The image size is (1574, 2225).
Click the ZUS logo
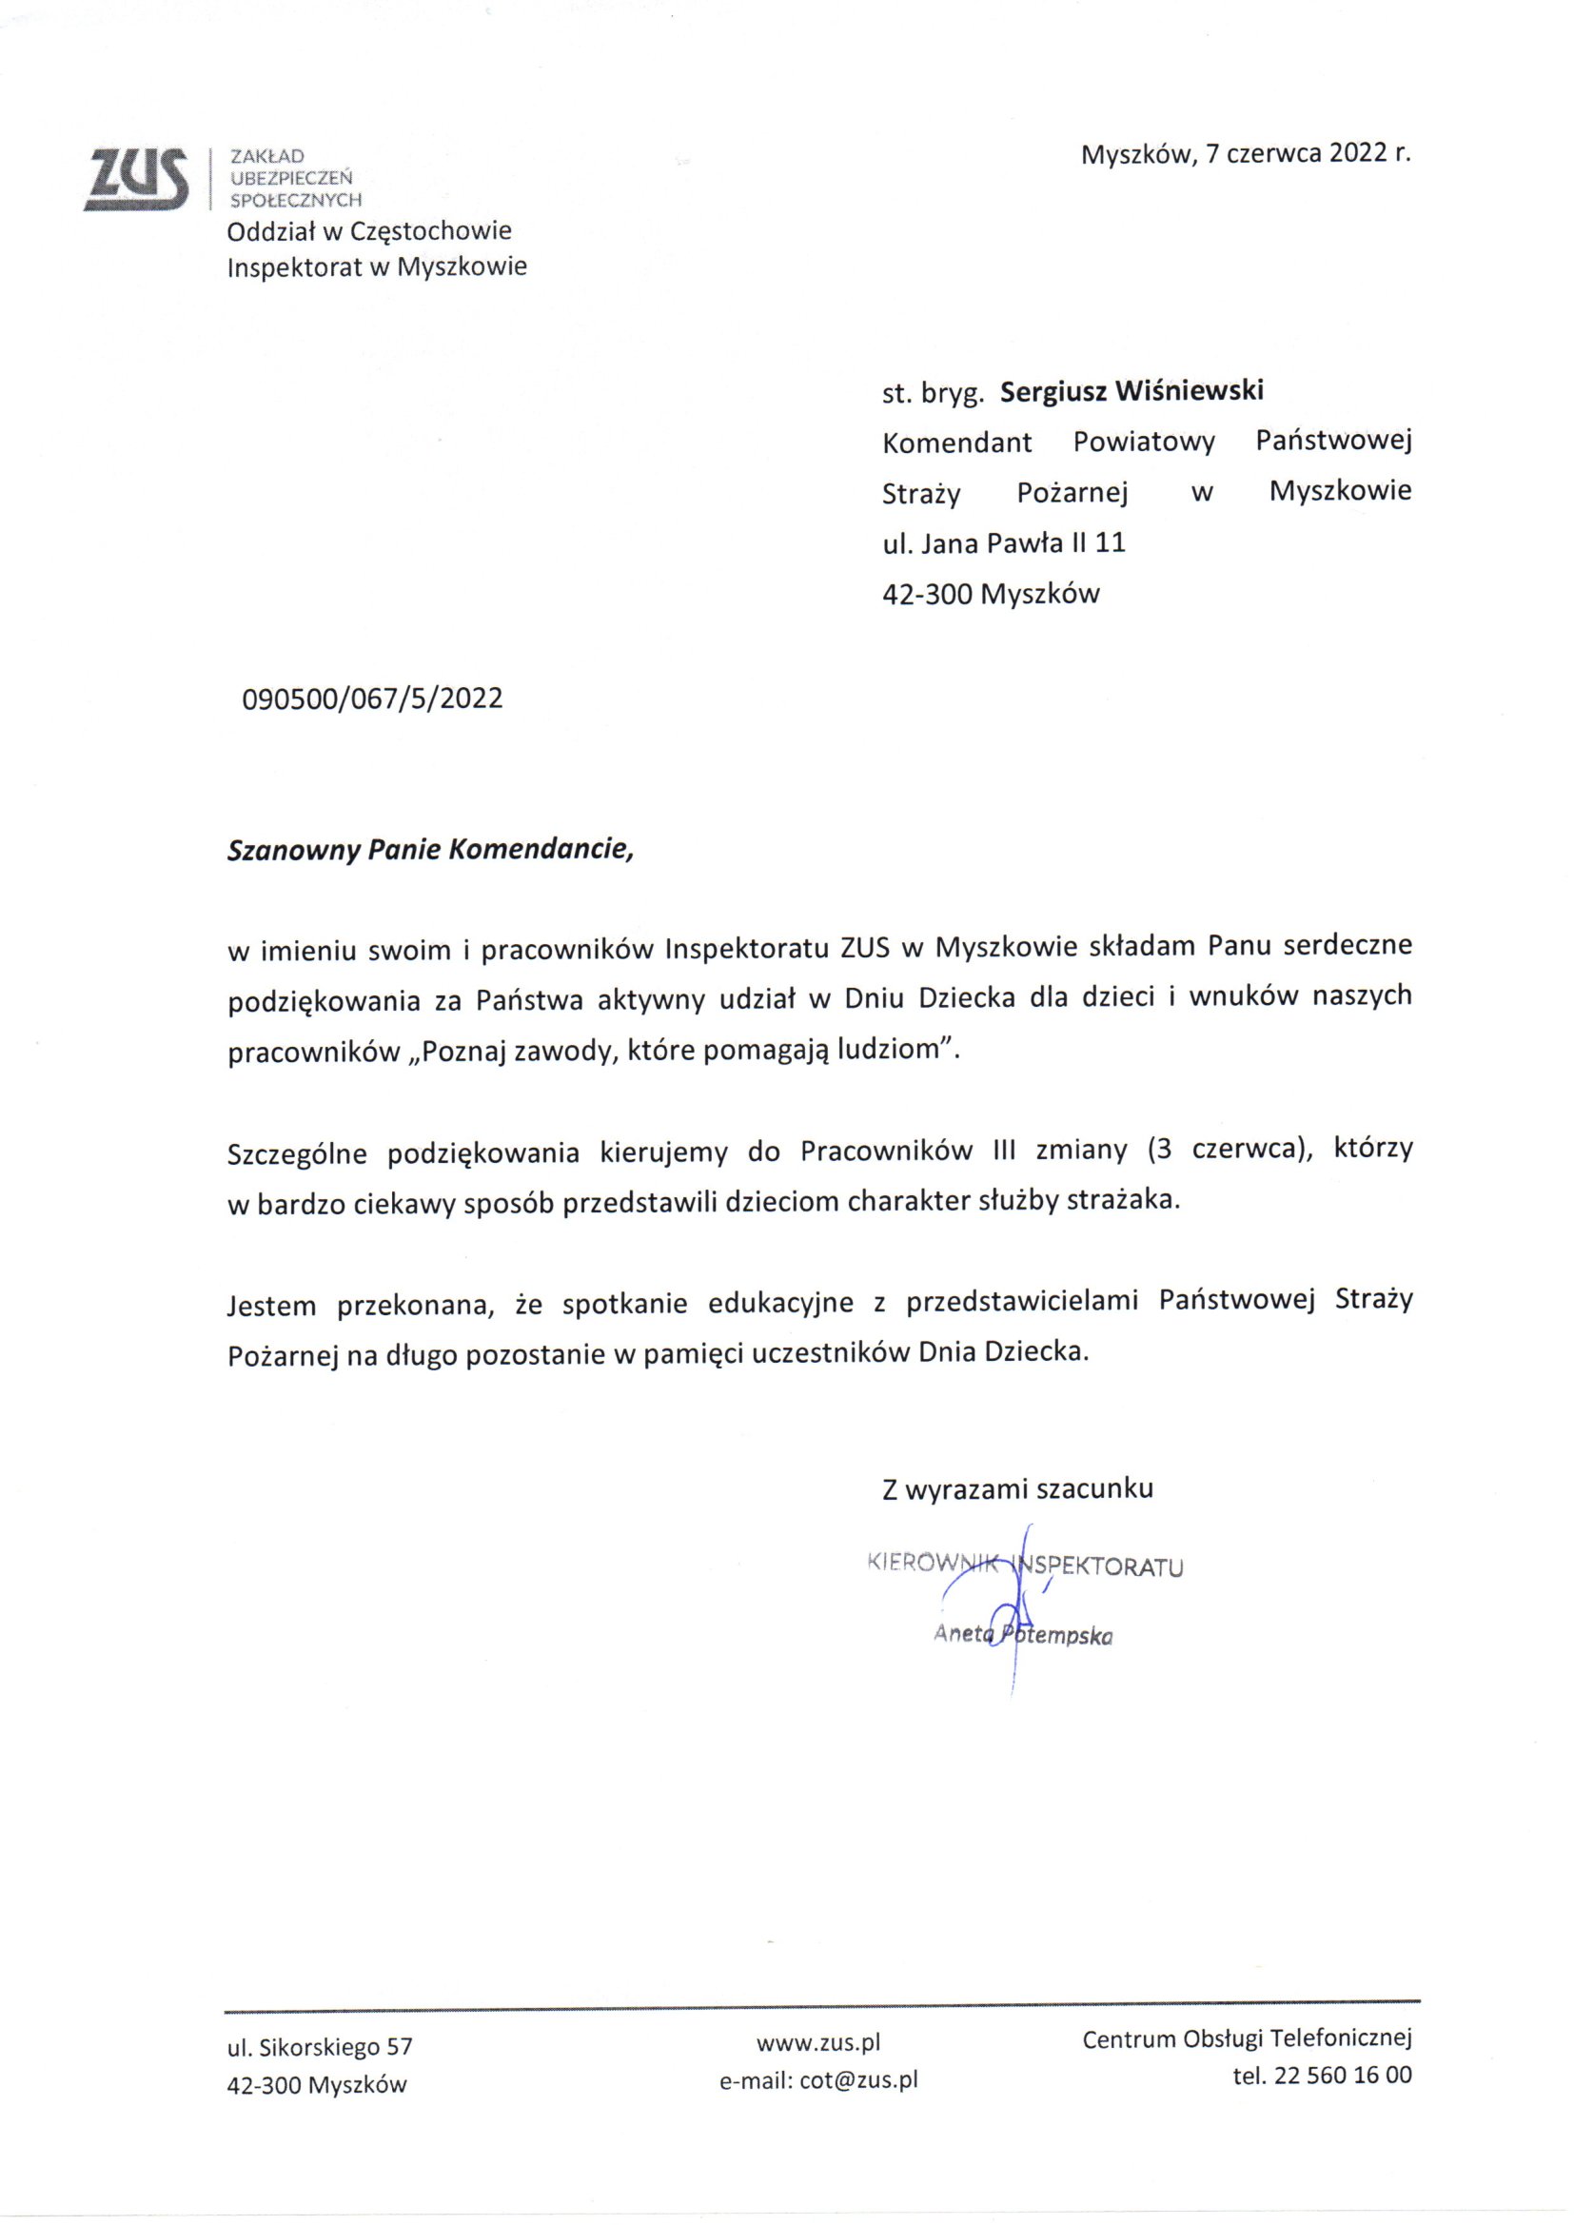137,178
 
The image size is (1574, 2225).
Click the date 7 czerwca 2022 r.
1308,155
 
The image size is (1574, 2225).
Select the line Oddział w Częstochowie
368,231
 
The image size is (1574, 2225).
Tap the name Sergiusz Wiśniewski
1132,391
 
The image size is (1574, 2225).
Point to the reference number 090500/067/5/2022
372,699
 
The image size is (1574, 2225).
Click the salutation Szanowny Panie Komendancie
429,850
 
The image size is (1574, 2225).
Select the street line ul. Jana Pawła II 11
1003,542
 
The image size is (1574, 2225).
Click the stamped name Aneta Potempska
1022,1636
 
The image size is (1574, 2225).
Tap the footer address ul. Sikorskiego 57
320,2048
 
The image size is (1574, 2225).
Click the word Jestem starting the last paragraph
271,1306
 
